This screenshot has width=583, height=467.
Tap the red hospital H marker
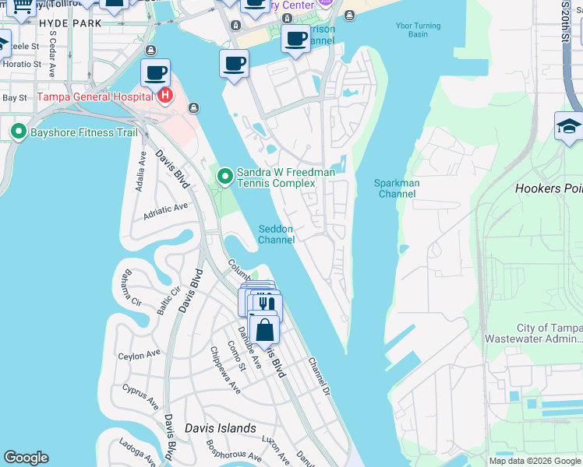coord(164,97)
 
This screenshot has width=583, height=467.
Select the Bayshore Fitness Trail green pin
coord(18,132)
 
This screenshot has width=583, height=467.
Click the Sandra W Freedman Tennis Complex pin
coord(225,177)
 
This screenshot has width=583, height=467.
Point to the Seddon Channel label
coord(277,234)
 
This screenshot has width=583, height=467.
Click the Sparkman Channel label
coord(397,188)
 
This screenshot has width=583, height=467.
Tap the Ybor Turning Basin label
coord(407,29)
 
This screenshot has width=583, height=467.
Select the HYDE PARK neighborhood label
coord(69,23)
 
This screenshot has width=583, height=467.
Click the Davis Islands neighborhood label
coord(221,428)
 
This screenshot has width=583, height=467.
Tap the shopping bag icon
coord(264,329)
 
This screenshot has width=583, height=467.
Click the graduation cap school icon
coord(569,127)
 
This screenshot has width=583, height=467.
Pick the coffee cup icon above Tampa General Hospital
coord(155,73)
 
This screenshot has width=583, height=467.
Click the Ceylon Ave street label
coord(137,356)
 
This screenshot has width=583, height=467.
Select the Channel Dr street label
coord(320,376)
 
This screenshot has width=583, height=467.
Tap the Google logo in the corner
coord(26,458)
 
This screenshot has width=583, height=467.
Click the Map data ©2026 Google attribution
coord(535,461)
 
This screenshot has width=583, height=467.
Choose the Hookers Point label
coord(549,188)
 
